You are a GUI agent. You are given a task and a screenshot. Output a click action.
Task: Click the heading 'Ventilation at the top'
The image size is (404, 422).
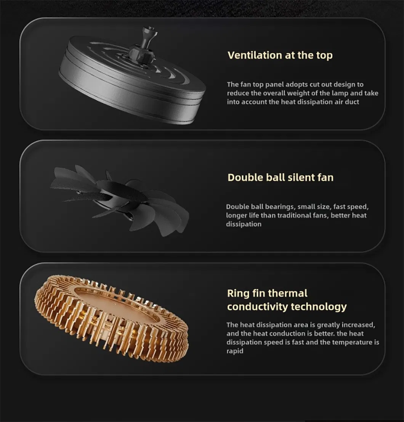click(280, 55)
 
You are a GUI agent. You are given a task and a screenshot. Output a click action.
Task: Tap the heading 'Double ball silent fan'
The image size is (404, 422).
click(281, 177)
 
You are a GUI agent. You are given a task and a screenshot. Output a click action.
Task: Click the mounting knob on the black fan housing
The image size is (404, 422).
click(144, 43)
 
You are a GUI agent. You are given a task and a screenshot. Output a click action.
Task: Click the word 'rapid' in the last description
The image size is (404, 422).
click(235, 351)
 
